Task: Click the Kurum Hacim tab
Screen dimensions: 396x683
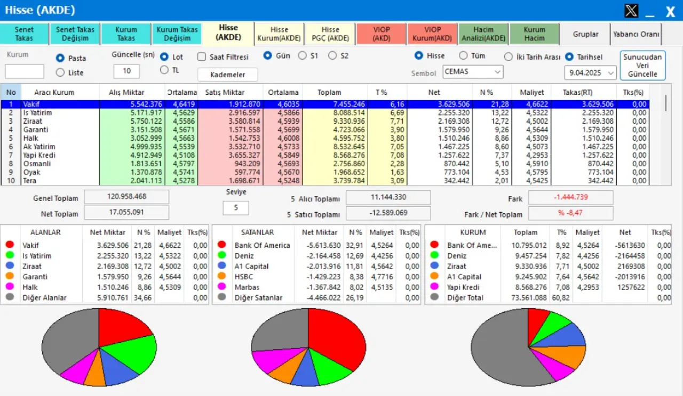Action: point(534,34)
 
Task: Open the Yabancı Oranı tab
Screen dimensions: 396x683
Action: point(636,34)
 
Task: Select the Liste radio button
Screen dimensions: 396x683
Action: point(60,72)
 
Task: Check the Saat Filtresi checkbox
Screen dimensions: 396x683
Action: point(202,56)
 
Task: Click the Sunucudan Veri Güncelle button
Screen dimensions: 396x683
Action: point(642,66)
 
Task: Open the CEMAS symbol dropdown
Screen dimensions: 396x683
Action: point(473,71)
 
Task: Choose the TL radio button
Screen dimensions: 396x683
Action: point(164,70)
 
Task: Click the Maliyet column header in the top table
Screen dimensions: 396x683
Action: point(531,92)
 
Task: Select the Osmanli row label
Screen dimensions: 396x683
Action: point(37,164)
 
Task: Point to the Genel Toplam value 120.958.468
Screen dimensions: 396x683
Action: point(126,197)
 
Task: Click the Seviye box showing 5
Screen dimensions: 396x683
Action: point(235,208)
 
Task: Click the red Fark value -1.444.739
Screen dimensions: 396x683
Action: point(570,198)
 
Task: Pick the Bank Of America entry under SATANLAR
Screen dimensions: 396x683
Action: point(262,245)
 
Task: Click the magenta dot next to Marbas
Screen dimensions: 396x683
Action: point(221,287)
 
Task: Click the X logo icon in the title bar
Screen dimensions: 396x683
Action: point(631,11)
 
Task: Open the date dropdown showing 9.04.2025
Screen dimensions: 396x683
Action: point(590,72)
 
